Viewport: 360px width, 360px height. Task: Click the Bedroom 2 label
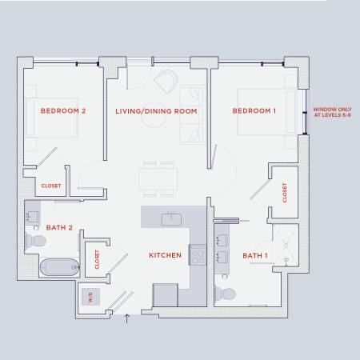tap(63, 110)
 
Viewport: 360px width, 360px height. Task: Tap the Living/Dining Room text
tap(156, 111)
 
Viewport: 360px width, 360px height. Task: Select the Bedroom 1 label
tap(254, 110)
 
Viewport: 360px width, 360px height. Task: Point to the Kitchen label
tap(165, 255)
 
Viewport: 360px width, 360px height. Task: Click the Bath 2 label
tap(59, 227)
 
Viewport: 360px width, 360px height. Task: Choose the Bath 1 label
tap(255, 255)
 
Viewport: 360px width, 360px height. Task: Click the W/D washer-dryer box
tap(90, 297)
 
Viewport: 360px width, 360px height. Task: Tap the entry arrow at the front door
tap(127, 318)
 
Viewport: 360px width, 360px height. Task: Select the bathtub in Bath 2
tap(60, 267)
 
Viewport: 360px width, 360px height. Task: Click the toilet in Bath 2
tap(35, 241)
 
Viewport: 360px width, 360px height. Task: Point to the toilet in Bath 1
tap(226, 294)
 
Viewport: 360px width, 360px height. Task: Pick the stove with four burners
tap(198, 254)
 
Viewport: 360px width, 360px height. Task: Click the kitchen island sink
tap(171, 219)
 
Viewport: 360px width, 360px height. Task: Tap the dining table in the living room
tap(158, 179)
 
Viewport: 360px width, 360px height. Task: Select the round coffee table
tap(154, 114)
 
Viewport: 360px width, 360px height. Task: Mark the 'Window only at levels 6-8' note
tap(332, 112)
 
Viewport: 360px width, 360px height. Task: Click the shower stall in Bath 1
tap(286, 245)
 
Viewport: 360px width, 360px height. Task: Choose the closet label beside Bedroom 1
tap(285, 193)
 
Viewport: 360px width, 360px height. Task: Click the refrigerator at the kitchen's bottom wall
tap(166, 295)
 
